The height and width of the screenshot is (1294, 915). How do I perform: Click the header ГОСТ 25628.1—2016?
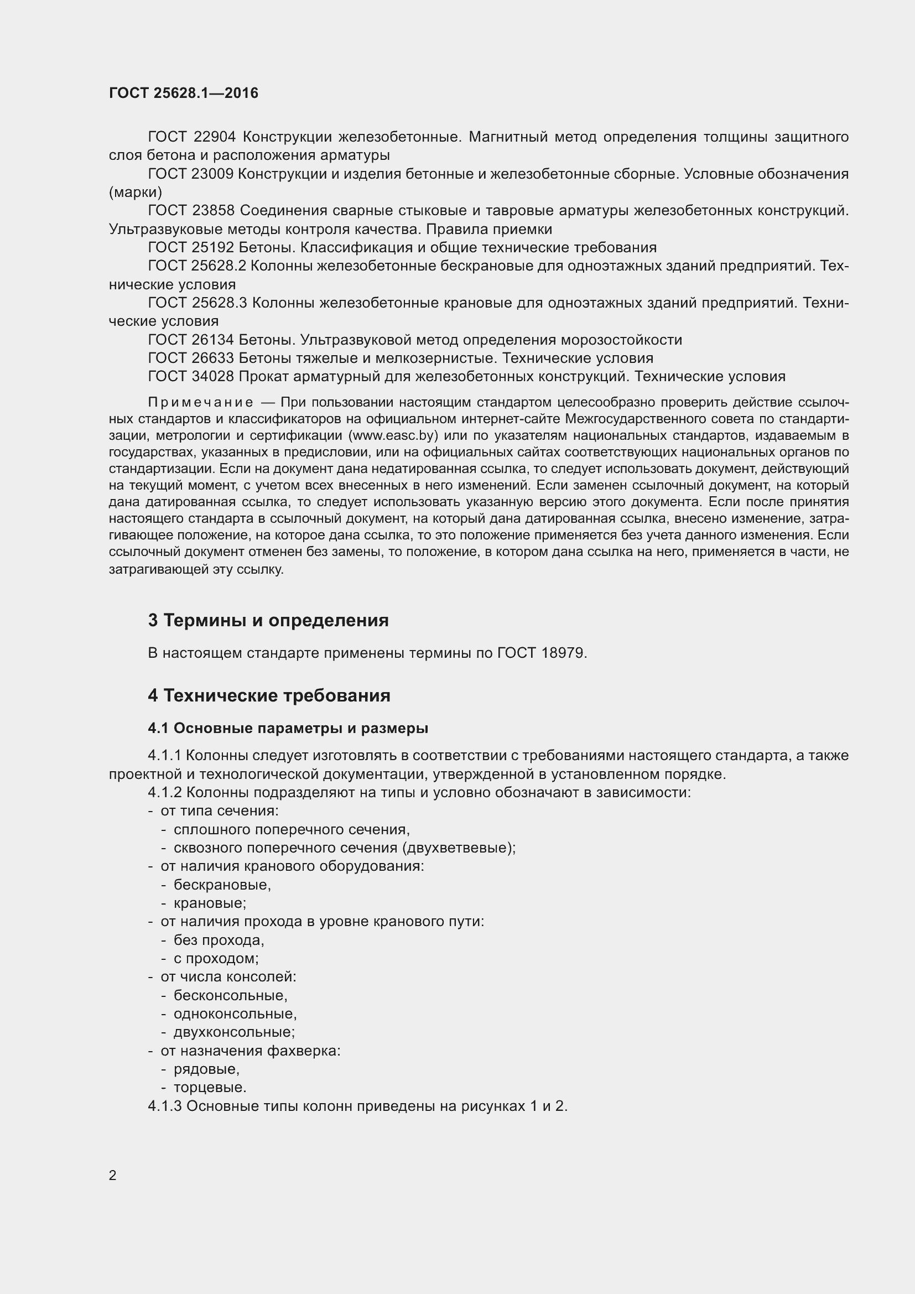(x=184, y=93)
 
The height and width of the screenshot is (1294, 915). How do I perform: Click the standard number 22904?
(x=214, y=137)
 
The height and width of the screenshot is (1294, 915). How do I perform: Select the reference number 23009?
(x=212, y=174)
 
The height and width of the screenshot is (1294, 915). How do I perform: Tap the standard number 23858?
(x=214, y=211)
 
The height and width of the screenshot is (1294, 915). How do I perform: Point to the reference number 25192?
(x=213, y=247)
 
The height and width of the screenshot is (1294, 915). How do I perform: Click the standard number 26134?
(x=213, y=340)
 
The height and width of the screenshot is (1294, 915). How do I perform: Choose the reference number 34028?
(x=213, y=377)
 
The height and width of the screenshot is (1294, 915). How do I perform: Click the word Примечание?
(x=200, y=402)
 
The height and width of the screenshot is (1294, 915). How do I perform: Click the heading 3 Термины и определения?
(x=268, y=621)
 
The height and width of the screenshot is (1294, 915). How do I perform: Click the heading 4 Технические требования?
(x=269, y=695)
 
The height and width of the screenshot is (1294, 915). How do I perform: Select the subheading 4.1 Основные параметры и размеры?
(x=288, y=728)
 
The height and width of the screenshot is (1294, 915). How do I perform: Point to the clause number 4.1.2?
(x=164, y=792)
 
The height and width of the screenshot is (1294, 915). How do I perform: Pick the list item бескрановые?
(x=222, y=885)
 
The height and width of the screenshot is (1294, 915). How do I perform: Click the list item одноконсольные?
(x=235, y=1014)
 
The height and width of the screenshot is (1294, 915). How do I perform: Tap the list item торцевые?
(x=210, y=1087)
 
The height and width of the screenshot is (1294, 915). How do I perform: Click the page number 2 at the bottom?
(x=113, y=1176)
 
